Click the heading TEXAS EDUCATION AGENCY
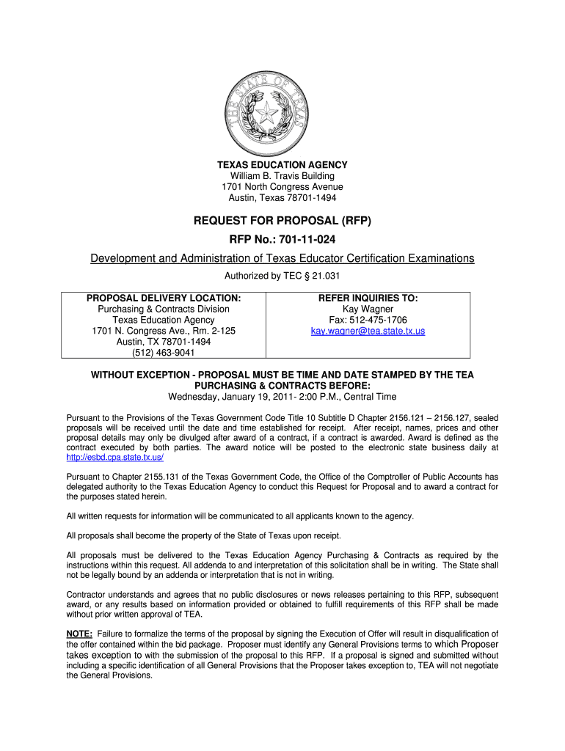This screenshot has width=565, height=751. [282, 165]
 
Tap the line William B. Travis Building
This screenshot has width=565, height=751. [282, 176]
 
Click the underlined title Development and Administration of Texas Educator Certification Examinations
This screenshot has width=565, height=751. [282, 259]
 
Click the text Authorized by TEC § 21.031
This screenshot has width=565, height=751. [282, 276]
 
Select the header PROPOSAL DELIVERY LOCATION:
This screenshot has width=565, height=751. [164, 298]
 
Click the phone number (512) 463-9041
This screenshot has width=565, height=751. [164, 353]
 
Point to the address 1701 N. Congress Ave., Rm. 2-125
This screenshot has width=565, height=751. [164, 331]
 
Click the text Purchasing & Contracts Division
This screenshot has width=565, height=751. [164, 309]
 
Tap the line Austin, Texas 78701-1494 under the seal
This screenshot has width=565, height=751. [282, 198]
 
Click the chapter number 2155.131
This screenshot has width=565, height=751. [136, 476]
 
